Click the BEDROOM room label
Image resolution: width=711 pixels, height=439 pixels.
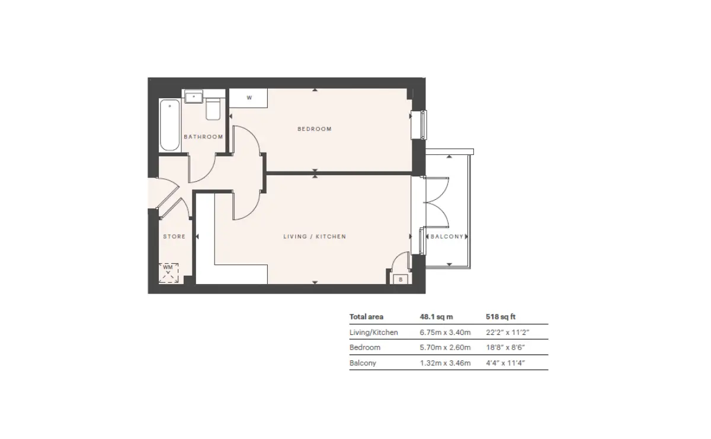click(314, 129)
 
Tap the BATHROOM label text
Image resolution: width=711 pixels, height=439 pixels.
click(203, 137)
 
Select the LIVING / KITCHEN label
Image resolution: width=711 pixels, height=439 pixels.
click(315, 237)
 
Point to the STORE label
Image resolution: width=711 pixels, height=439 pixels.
click(174, 237)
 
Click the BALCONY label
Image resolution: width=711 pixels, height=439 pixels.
click(447, 237)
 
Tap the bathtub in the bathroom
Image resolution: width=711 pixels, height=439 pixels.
click(169, 125)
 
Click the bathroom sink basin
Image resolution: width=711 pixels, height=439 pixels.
click(194, 96)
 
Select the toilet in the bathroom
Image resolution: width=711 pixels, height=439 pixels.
click(213, 109)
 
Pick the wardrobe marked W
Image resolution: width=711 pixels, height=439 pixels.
click(248, 98)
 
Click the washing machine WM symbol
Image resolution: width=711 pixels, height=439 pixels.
click(168, 273)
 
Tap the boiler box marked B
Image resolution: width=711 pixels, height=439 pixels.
click(401, 279)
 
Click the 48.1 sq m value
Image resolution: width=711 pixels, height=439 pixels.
click(437, 317)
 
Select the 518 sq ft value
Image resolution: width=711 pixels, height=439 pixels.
click(501, 317)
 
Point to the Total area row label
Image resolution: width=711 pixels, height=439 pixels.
click(366, 317)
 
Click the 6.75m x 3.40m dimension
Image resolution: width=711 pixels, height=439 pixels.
click(446, 332)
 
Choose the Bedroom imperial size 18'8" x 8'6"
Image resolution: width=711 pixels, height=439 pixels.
click(505, 347)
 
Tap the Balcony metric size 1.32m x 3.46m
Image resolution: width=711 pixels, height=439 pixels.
click(446, 363)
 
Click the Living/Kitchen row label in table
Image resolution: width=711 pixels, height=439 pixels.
click(374, 332)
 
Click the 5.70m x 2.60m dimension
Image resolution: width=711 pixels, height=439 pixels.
click(446, 347)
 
